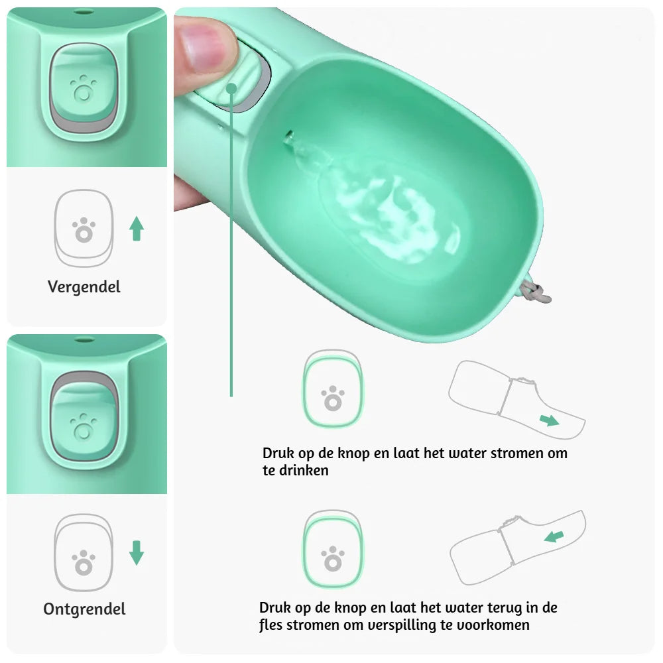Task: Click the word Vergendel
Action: point(84,287)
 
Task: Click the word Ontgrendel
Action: point(84,609)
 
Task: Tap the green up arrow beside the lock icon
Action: point(137,229)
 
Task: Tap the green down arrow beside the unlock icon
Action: point(137,553)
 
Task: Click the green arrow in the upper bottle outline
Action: point(548,420)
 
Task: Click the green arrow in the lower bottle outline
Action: point(554,536)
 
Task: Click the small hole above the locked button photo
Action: point(83,12)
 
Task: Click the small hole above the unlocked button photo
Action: point(83,339)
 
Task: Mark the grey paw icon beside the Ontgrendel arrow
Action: point(84,563)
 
